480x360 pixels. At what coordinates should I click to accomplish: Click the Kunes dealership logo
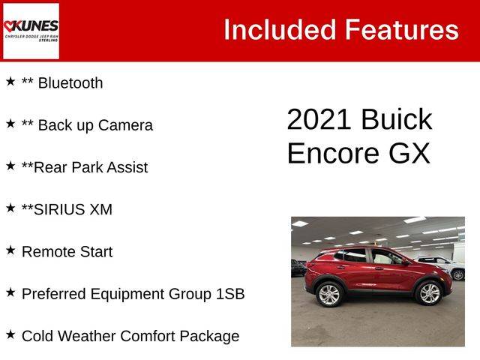(31, 31)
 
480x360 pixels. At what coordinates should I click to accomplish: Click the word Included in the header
(280, 30)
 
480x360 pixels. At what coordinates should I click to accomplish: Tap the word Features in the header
(402, 30)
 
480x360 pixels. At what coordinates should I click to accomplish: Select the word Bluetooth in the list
(70, 83)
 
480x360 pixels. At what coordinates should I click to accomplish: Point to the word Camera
(125, 125)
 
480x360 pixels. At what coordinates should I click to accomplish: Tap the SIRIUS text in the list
(59, 210)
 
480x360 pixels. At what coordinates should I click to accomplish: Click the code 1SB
(230, 294)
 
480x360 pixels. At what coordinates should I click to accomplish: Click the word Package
(209, 337)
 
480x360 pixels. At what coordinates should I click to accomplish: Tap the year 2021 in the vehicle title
(319, 119)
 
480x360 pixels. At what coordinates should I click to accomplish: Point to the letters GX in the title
(409, 153)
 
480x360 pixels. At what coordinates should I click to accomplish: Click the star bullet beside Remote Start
(10, 250)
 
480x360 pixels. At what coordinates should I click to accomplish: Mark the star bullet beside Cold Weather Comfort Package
(10, 334)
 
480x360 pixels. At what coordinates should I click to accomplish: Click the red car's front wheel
(429, 293)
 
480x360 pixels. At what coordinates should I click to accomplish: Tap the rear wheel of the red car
(329, 295)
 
